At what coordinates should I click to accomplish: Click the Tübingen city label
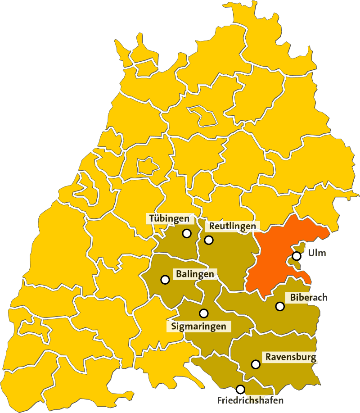click(169, 219)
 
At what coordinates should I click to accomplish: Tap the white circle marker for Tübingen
click(187, 233)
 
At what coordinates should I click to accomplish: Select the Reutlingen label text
click(232, 226)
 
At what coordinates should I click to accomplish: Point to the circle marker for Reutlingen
click(209, 240)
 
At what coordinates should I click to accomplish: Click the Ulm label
click(317, 253)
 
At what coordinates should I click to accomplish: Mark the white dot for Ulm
click(297, 256)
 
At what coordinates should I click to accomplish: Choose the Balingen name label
click(195, 273)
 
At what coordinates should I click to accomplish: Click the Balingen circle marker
click(165, 279)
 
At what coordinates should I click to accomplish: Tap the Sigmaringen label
click(198, 326)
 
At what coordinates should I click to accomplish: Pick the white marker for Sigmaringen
click(204, 313)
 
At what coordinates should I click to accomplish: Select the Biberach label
click(309, 297)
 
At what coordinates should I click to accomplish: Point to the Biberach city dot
click(280, 306)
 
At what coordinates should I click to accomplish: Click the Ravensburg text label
click(291, 358)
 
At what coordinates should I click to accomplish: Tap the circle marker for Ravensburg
click(256, 364)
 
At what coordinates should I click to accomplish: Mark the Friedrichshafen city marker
click(240, 389)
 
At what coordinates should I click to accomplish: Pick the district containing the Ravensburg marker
click(279, 369)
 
